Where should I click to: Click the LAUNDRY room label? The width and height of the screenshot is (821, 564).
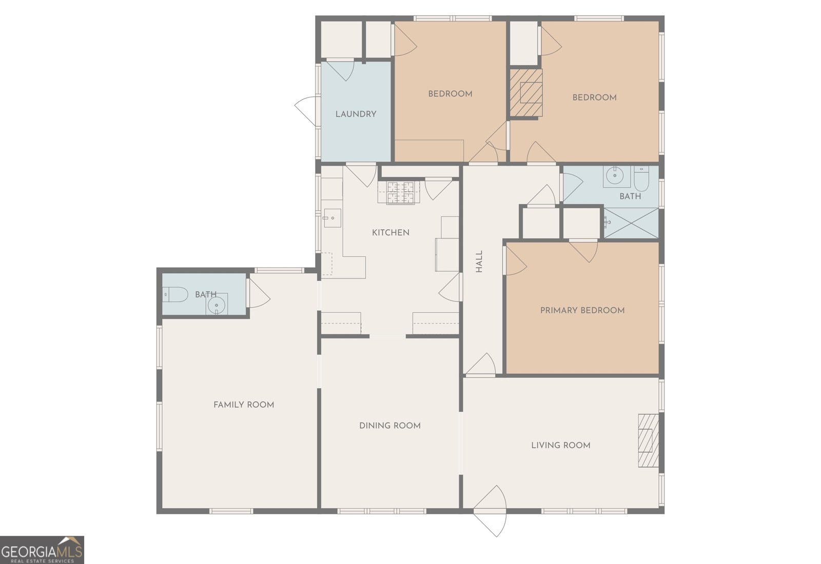point(356,114)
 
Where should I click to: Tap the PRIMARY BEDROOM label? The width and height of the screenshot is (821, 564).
point(582,310)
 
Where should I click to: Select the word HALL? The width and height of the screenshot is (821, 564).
point(479,261)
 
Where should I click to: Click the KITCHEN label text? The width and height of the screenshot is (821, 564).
point(390,233)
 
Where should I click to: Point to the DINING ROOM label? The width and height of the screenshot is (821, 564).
point(389,426)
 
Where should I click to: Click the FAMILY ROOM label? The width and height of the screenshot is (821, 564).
point(244,405)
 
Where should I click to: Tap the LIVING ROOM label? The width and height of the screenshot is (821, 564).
point(560,445)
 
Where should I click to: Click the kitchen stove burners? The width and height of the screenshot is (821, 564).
point(400,193)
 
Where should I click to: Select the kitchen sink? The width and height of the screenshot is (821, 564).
point(331,218)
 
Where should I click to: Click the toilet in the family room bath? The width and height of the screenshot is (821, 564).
point(175,294)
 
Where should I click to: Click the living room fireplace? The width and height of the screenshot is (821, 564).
point(648,440)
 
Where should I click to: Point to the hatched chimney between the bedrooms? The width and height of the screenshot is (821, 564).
point(525,93)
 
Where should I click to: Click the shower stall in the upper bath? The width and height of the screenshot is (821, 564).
point(631,223)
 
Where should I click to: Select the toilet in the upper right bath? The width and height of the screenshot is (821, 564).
point(641,178)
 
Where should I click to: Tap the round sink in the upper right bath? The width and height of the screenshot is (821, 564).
point(614,176)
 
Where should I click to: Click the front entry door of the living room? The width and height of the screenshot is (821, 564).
point(490,511)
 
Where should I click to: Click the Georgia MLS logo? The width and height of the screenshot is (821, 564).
point(42,550)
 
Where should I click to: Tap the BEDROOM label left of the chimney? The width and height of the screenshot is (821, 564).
point(450,94)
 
